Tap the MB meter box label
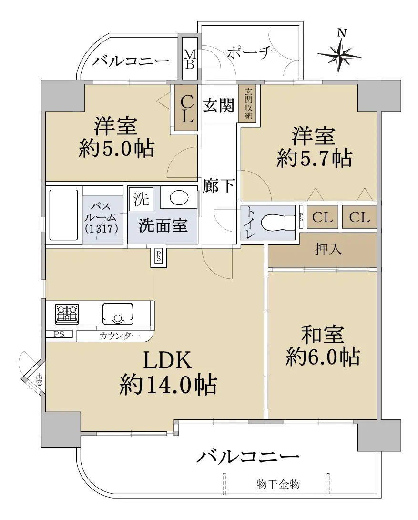coord(190,60)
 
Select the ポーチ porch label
coord(250,52)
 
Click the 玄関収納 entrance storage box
coord(248,103)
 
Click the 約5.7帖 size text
coord(314,158)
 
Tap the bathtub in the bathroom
coord(64,214)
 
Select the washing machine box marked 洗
coord(141,199)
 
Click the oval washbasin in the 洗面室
coord(179,198)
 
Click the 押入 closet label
coord(328,249)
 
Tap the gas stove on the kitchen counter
coord(67,314)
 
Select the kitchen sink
coord(118,314)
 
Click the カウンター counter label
coord(120,336)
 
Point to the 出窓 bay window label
coord(39,379)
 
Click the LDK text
coord(167,360)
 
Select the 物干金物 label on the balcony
coord(278,484)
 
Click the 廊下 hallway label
coord(219,185)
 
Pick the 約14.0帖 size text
coord(168,385)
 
